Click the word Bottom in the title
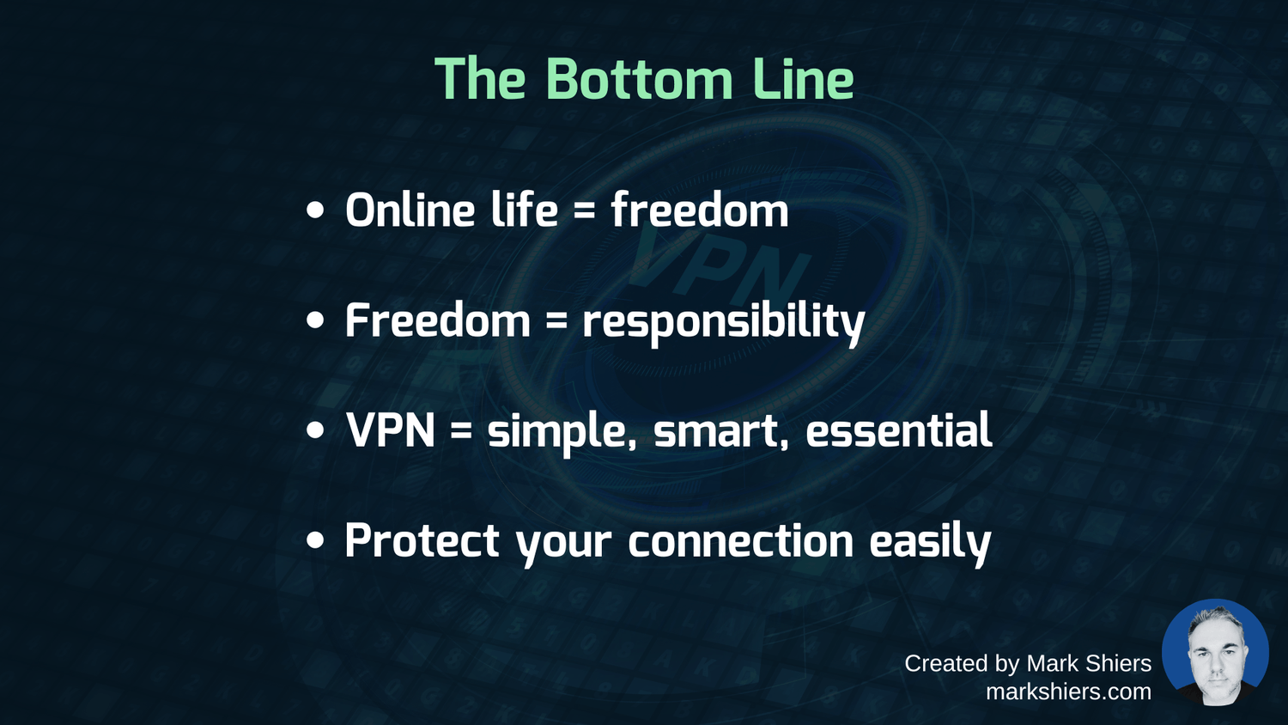638,79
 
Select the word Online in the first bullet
410,210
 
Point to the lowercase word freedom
699,210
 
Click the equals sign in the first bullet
584,212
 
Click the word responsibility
724,323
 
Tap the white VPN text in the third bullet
391,430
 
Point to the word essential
899,430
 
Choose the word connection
740,541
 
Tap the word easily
930,544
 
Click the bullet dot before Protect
315,540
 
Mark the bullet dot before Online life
315,210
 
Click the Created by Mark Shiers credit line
1028,663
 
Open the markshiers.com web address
1069,691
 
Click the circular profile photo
1215,653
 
